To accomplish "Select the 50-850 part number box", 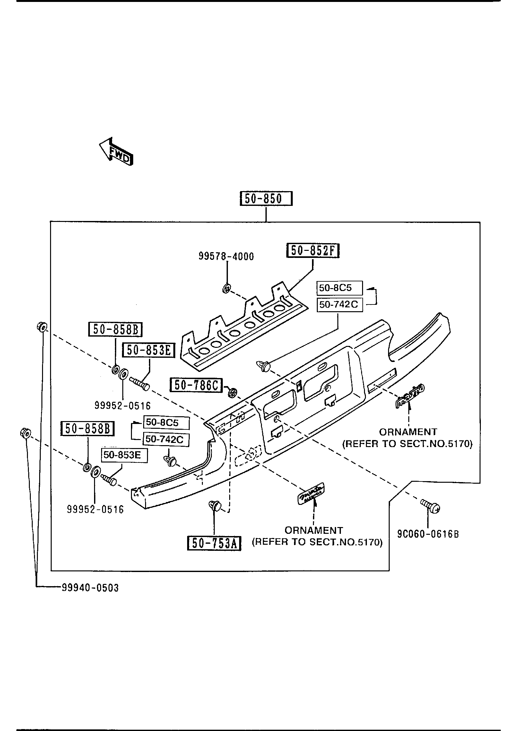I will tap(266, 199).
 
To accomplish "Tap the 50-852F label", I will tap(313, 251).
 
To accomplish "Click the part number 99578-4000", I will tap(226, 257).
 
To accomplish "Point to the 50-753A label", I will tap(214, 543).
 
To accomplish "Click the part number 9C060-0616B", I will tap(428, 534).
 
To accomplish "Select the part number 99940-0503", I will tap(90, 588).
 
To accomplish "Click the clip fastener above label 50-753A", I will tap(215, 506).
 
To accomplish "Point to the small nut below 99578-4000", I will tap(226, 289).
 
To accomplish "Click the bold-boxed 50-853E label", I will tap(148, 350).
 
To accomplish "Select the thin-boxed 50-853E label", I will tap(125, 455).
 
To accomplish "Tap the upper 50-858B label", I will tap(115, 329).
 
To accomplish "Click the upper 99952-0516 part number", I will tap(123, 406).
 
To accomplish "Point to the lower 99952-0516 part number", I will tap(95, 509).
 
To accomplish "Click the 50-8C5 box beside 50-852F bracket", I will tap(339, 288).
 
